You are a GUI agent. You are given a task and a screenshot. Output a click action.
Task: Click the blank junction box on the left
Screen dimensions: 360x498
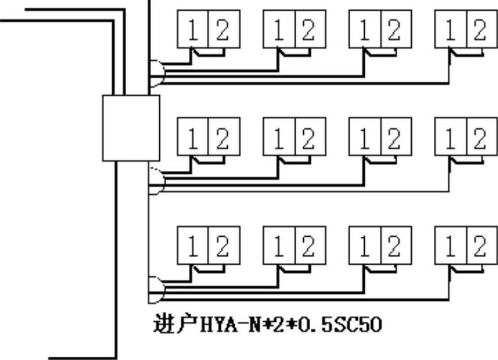tap(131, 128)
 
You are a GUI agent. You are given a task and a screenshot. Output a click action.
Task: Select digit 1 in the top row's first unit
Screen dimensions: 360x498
tap(192, 30)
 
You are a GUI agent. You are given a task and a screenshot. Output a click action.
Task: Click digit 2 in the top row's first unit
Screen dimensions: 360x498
tap(221, 30)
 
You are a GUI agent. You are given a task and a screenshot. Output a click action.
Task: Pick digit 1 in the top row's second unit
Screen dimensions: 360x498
tap(279, 30)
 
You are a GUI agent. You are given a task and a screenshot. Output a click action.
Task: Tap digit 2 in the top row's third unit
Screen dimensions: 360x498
tap(394, 30)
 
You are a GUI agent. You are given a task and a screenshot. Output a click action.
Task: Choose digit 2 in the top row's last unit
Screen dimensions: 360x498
tap(480, 30)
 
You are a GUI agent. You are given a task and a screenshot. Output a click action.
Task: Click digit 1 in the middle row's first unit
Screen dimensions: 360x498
tap(192, 138)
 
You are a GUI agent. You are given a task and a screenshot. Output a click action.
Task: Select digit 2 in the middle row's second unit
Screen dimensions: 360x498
tap(308, 138)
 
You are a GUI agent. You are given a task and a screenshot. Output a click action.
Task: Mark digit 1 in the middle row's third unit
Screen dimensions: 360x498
tap(365, 138)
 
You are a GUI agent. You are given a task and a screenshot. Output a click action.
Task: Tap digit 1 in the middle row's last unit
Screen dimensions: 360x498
tap(451, 138)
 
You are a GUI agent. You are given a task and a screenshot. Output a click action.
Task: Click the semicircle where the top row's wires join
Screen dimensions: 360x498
tap(155, 74)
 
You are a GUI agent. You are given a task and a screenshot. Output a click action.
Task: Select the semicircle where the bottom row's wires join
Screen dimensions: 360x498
tap(155, 290)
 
